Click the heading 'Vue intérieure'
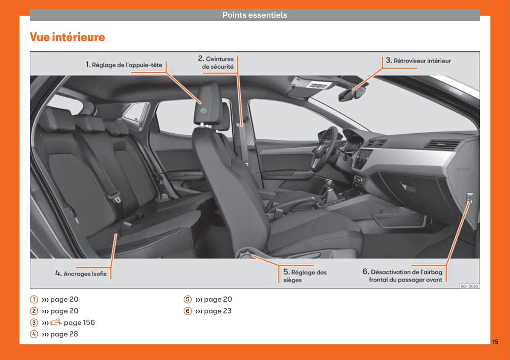point(67,37)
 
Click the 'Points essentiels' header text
point(255,15)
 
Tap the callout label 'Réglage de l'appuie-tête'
point(124,65)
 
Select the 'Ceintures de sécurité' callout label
point(216,62)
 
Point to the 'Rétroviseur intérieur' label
point(418,61)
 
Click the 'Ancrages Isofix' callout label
point(81,274)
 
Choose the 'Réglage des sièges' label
point(305,276)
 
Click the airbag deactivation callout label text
point(402,275)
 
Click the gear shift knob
point(329,183)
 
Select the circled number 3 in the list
point(34,322)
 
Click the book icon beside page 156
point(56,322)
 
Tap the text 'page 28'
point(64,334)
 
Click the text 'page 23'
point(217,311)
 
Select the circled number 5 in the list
point(188,299)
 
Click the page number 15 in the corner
point(495,342)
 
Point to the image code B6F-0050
point(470,286)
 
